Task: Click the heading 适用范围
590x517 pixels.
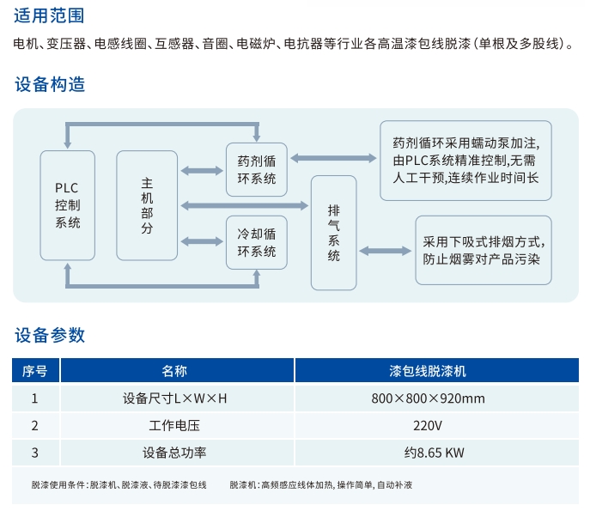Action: (x=49, y=15)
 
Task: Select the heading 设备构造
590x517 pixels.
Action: (x=50, y=84)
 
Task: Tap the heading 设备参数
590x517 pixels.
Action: (x=50, y=335)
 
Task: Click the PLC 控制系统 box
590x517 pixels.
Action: (x=68, y=205)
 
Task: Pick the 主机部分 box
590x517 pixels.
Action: (x=147, y=205)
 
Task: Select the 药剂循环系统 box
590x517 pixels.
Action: (x=257, y=170)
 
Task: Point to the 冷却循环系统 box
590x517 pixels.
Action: (x=257, y=243)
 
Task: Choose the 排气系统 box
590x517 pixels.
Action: (x=334, y=233)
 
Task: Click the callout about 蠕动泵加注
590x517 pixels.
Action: (x=465, y=161)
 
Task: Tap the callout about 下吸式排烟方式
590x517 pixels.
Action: (x=484, y=250)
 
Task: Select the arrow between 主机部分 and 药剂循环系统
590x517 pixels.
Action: (x=202, y=171)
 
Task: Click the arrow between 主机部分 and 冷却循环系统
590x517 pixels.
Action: (x=202, y=241)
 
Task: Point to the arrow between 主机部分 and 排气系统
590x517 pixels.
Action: (x=245, y=205)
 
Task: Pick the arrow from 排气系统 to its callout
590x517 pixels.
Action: (x=386, y=251)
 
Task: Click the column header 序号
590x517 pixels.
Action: (x=35, y=371)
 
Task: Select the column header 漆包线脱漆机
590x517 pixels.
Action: (x=437, y=371)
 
